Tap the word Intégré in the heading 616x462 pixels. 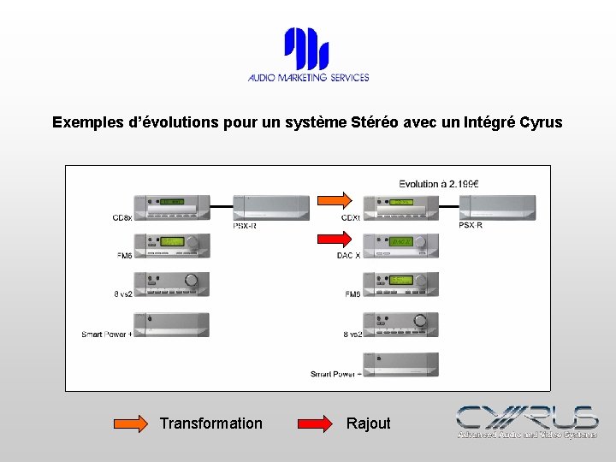(x=489, y=122)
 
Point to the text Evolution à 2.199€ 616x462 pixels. (x=439, y=183)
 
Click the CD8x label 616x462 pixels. (x=121, y=219)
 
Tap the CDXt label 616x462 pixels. (x=350, y=218)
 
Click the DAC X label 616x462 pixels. (x=349, y=255)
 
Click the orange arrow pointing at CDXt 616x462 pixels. (x=335, y=200)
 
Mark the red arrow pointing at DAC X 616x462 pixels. (x=335, y=240)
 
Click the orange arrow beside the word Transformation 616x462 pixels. (x=132, y=423)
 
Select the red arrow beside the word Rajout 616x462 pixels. (x=315, y=423)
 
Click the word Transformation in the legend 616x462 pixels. (x=210, y=423)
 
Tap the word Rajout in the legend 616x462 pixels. (x=368, y=423)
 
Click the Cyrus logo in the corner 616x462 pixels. (x=526, y=421)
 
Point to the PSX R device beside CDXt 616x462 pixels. (x=495, y=206)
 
